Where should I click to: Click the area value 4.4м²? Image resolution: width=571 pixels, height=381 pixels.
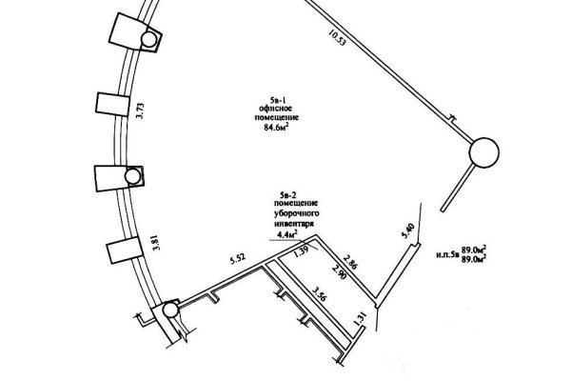(288, 231)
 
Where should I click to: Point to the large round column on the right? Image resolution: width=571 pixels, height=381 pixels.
(483, 152)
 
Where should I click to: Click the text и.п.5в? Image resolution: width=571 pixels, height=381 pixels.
(448, 255)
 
